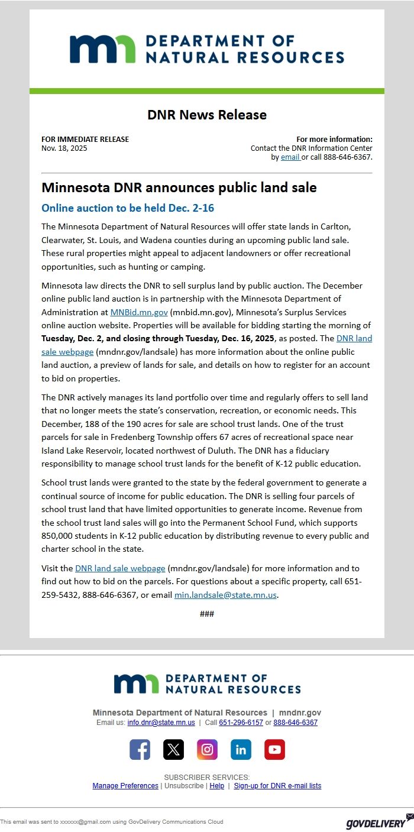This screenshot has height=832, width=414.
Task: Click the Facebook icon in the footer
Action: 140,749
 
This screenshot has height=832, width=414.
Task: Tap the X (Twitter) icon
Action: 173,749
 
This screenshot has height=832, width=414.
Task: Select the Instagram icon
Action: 207,749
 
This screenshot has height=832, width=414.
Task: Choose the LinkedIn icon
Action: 241,749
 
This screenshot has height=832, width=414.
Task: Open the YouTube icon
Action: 274,749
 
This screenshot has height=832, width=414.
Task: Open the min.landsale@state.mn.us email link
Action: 225,595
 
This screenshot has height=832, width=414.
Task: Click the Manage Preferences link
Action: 125,786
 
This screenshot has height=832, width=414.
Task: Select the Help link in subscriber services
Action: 217,786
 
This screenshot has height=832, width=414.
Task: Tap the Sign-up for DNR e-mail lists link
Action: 277,786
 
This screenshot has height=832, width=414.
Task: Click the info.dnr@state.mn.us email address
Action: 161,723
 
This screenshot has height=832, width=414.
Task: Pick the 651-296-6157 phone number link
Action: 241,723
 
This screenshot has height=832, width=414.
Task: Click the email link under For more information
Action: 290,157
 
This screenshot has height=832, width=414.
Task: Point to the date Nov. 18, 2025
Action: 64,148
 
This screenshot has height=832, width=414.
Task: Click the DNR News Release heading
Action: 207,115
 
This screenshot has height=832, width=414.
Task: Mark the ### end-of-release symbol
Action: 207,614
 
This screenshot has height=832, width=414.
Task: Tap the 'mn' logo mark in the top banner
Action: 102,50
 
